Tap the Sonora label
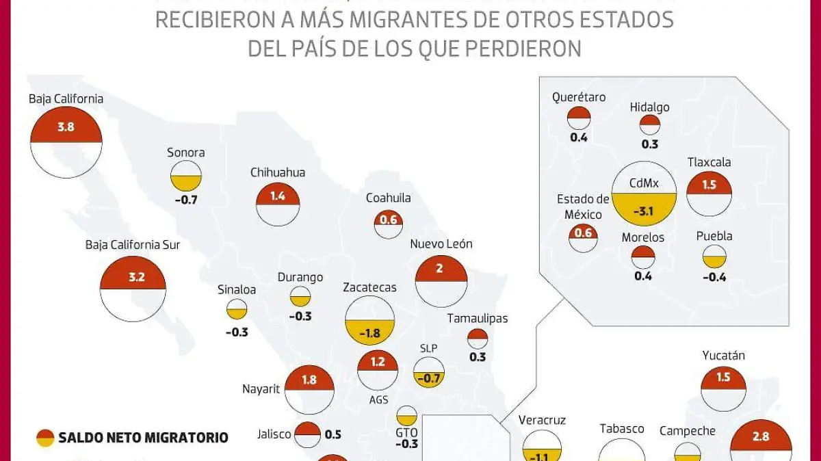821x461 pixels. click(185, 153)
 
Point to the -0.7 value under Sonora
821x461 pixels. click(185, 200)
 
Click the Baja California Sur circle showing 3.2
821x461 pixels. click(133, 289)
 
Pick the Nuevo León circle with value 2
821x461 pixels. click(441, 280)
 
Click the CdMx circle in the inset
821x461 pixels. click(644, 195)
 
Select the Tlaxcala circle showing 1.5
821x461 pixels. click(709, 194)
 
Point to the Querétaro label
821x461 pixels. click(579, 97)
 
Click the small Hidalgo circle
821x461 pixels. click(650, 125)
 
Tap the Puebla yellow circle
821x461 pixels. click(714, 257)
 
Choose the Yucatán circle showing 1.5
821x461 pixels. click(724, 390)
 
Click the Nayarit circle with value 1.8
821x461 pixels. click(309, 390)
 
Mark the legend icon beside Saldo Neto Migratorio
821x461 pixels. click(45, 438)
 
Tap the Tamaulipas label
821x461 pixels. click(478, 318)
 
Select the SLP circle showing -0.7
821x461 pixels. click(428, 372)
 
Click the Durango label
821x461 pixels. click(300, 277)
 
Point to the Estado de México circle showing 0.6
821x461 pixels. click(583, 237)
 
